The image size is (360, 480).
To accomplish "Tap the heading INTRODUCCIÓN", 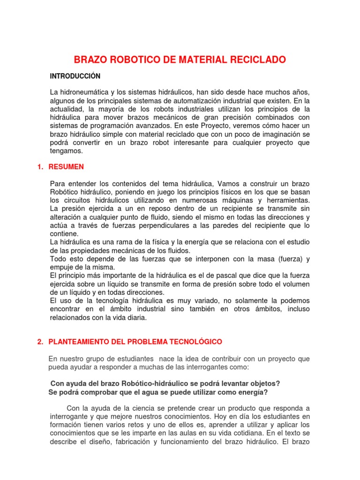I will [75, 76].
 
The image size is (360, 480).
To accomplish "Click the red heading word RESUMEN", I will [66, 166].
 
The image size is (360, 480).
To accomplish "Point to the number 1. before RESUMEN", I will [40, 166].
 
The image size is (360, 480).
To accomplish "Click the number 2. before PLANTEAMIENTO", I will [40, 341].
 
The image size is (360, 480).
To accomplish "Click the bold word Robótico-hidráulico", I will [148, 383].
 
